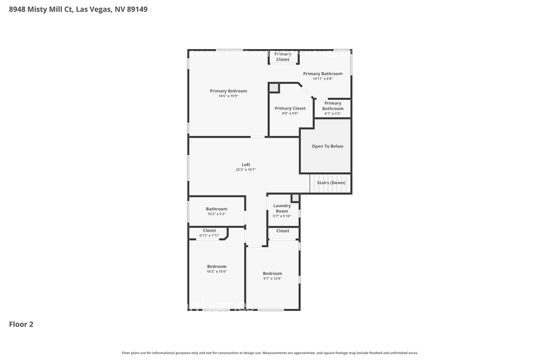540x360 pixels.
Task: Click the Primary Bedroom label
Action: click(228, 91)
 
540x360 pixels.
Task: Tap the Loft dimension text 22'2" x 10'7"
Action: click(246, 170)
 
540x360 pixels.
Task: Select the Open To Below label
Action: click(327, 146)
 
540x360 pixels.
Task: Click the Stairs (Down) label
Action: click(331, 183)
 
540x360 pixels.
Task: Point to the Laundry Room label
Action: click(282, 208)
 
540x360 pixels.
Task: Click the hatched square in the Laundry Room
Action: click(295, 198)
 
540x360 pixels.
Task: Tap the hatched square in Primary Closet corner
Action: click(274, 87)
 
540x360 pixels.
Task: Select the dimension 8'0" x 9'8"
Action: click(290, 113)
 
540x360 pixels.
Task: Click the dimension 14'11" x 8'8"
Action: click(323, 79)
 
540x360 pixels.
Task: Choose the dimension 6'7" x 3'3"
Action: click(333, 114)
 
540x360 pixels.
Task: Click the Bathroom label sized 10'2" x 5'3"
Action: click(216, 209)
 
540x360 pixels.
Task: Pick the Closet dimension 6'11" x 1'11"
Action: click(209, 235)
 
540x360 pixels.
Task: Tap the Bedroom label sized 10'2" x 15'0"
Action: click(216, 266)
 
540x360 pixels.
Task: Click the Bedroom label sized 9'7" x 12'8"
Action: click(272, 274)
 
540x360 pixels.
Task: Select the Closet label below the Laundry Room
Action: click(283, 231)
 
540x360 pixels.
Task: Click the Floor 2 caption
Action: click(21, 324)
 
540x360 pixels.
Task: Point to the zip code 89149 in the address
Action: click(137, 9)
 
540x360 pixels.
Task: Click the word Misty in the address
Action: click(37, 9)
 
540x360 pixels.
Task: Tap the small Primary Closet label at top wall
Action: click(283, 57)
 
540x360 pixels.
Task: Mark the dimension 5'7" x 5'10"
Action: click(282, 216)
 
